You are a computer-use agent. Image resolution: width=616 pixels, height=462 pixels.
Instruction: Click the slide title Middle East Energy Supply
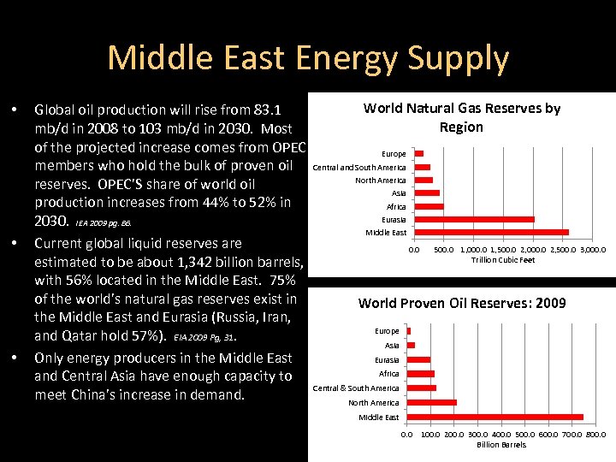[x=308, y=58]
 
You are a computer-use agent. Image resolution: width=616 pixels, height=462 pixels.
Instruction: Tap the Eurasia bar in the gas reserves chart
[x=474, y=219]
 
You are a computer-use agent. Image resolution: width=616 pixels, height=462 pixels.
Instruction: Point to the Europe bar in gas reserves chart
[x=418, y=154]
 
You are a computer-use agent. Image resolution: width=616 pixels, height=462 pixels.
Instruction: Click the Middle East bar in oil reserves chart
[x=495, y=417]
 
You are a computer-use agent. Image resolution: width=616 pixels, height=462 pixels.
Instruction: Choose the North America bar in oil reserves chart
[x=432, y=402]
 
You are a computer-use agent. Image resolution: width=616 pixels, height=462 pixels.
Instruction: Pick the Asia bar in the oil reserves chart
[x=411, y=345]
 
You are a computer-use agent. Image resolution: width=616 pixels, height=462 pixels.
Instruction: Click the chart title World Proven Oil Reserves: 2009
[x=461, y=303]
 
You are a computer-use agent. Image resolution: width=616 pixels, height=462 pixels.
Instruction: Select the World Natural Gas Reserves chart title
[x=461, y=117]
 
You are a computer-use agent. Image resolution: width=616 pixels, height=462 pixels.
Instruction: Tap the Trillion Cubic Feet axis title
[x=502, y=260]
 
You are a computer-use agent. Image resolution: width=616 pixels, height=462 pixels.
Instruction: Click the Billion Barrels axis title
[x=501, y=445]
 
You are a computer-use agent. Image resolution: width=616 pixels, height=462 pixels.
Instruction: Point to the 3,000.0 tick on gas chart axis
[x=592, y=250]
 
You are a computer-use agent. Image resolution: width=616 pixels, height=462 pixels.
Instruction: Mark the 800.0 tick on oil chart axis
[x=594, y=435]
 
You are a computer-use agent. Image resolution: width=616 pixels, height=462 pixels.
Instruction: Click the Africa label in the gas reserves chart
[x=396, y=206]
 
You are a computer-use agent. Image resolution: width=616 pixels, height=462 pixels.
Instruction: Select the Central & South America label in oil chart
[x=356, y=388]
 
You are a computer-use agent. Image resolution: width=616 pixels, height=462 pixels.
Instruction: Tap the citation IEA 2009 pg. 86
[x=104, y=222]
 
